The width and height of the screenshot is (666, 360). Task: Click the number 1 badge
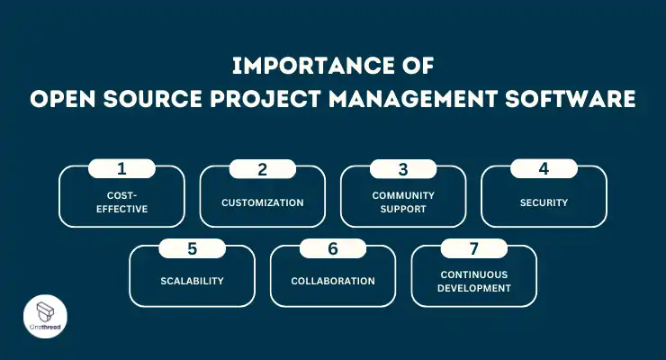[x=121, y=168]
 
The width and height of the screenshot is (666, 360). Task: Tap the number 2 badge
[x=262, y=168]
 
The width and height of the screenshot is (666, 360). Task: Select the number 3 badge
[x=403, y=168]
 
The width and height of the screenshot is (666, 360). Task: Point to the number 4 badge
[x=544, y=168]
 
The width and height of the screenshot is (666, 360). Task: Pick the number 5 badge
[x=192, y=247]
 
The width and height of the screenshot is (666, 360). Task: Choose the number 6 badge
[x=333, y=247]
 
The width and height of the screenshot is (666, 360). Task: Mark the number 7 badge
[x=473, y=247]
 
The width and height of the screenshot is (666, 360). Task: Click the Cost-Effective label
[x=121, y=202]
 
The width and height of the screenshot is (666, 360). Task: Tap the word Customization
[x=263, y=202]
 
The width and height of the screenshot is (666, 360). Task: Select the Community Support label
[x=403, y=202]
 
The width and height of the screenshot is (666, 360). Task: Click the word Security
[x=544, y=202]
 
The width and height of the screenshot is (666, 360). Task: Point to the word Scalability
[x=193, y=281]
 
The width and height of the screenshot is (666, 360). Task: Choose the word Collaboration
[x=333, y=281]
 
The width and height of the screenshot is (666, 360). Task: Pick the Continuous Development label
[x=474, y=281]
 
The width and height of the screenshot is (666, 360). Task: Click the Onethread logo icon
[x=35, y=314]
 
